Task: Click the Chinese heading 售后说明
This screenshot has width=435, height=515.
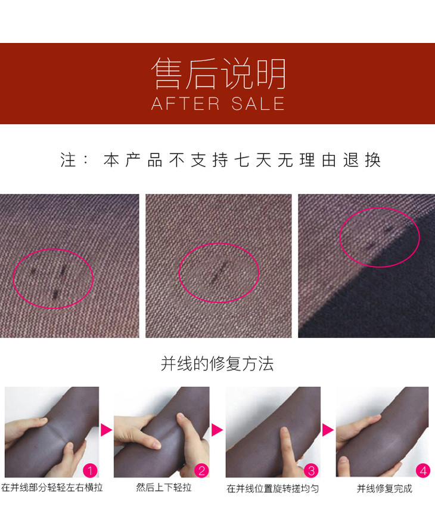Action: click(219, 73)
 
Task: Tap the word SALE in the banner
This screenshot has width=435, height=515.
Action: click(258, 104)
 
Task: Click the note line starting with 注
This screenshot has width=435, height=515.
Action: click(220, 161)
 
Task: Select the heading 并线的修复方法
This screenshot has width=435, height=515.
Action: click(217, 363)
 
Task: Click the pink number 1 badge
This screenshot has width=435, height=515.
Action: click(90, 471)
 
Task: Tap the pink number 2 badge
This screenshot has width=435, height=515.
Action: click(202, 471)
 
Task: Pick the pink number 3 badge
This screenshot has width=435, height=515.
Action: click(311, 471)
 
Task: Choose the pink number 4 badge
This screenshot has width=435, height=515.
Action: click(423, 471)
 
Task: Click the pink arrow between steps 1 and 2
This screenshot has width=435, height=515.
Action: click(105, 430)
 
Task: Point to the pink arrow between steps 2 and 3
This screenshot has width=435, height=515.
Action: click(216, 430)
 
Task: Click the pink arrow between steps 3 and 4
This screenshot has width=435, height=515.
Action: click(327, 430)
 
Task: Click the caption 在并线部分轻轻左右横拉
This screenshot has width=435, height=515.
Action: click(52, 488)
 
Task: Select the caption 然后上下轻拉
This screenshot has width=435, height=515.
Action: click(164, 488)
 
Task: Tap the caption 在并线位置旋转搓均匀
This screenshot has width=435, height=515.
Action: click(272, 489)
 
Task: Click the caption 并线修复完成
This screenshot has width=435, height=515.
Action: click(384, 489)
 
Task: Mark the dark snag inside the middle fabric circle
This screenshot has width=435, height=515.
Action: click(219, 272)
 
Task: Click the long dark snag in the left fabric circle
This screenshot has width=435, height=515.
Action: click(63, 270)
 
